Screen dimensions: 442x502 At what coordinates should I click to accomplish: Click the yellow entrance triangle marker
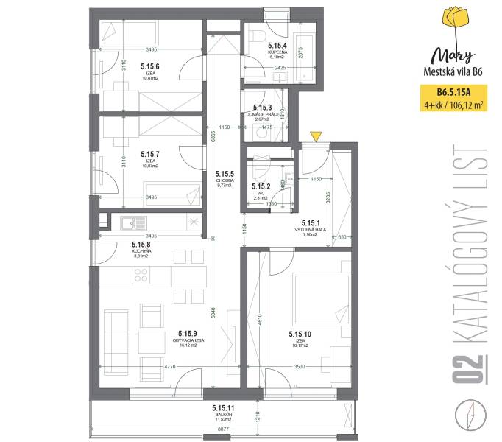tap(315, 136)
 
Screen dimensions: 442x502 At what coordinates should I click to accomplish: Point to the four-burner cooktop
tap(142, 276)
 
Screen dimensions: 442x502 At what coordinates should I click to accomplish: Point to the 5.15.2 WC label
tap(263, 189)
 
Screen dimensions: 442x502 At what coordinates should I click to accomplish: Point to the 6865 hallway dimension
tap(209, 138)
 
